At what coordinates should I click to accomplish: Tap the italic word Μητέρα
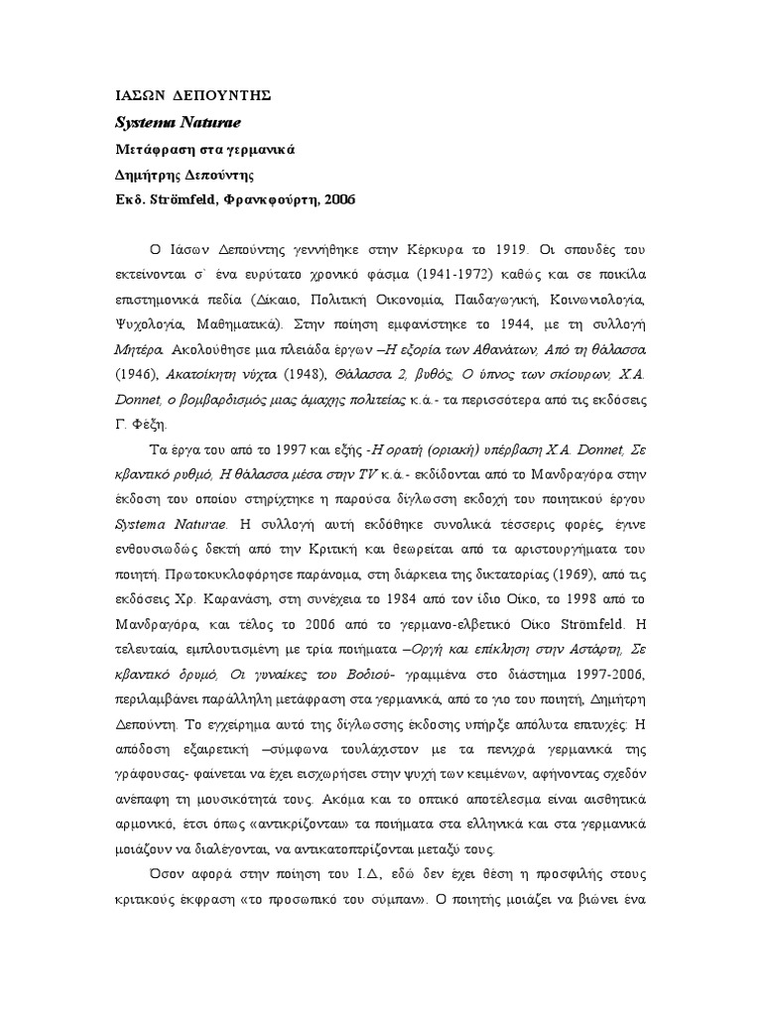click(138, 348)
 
